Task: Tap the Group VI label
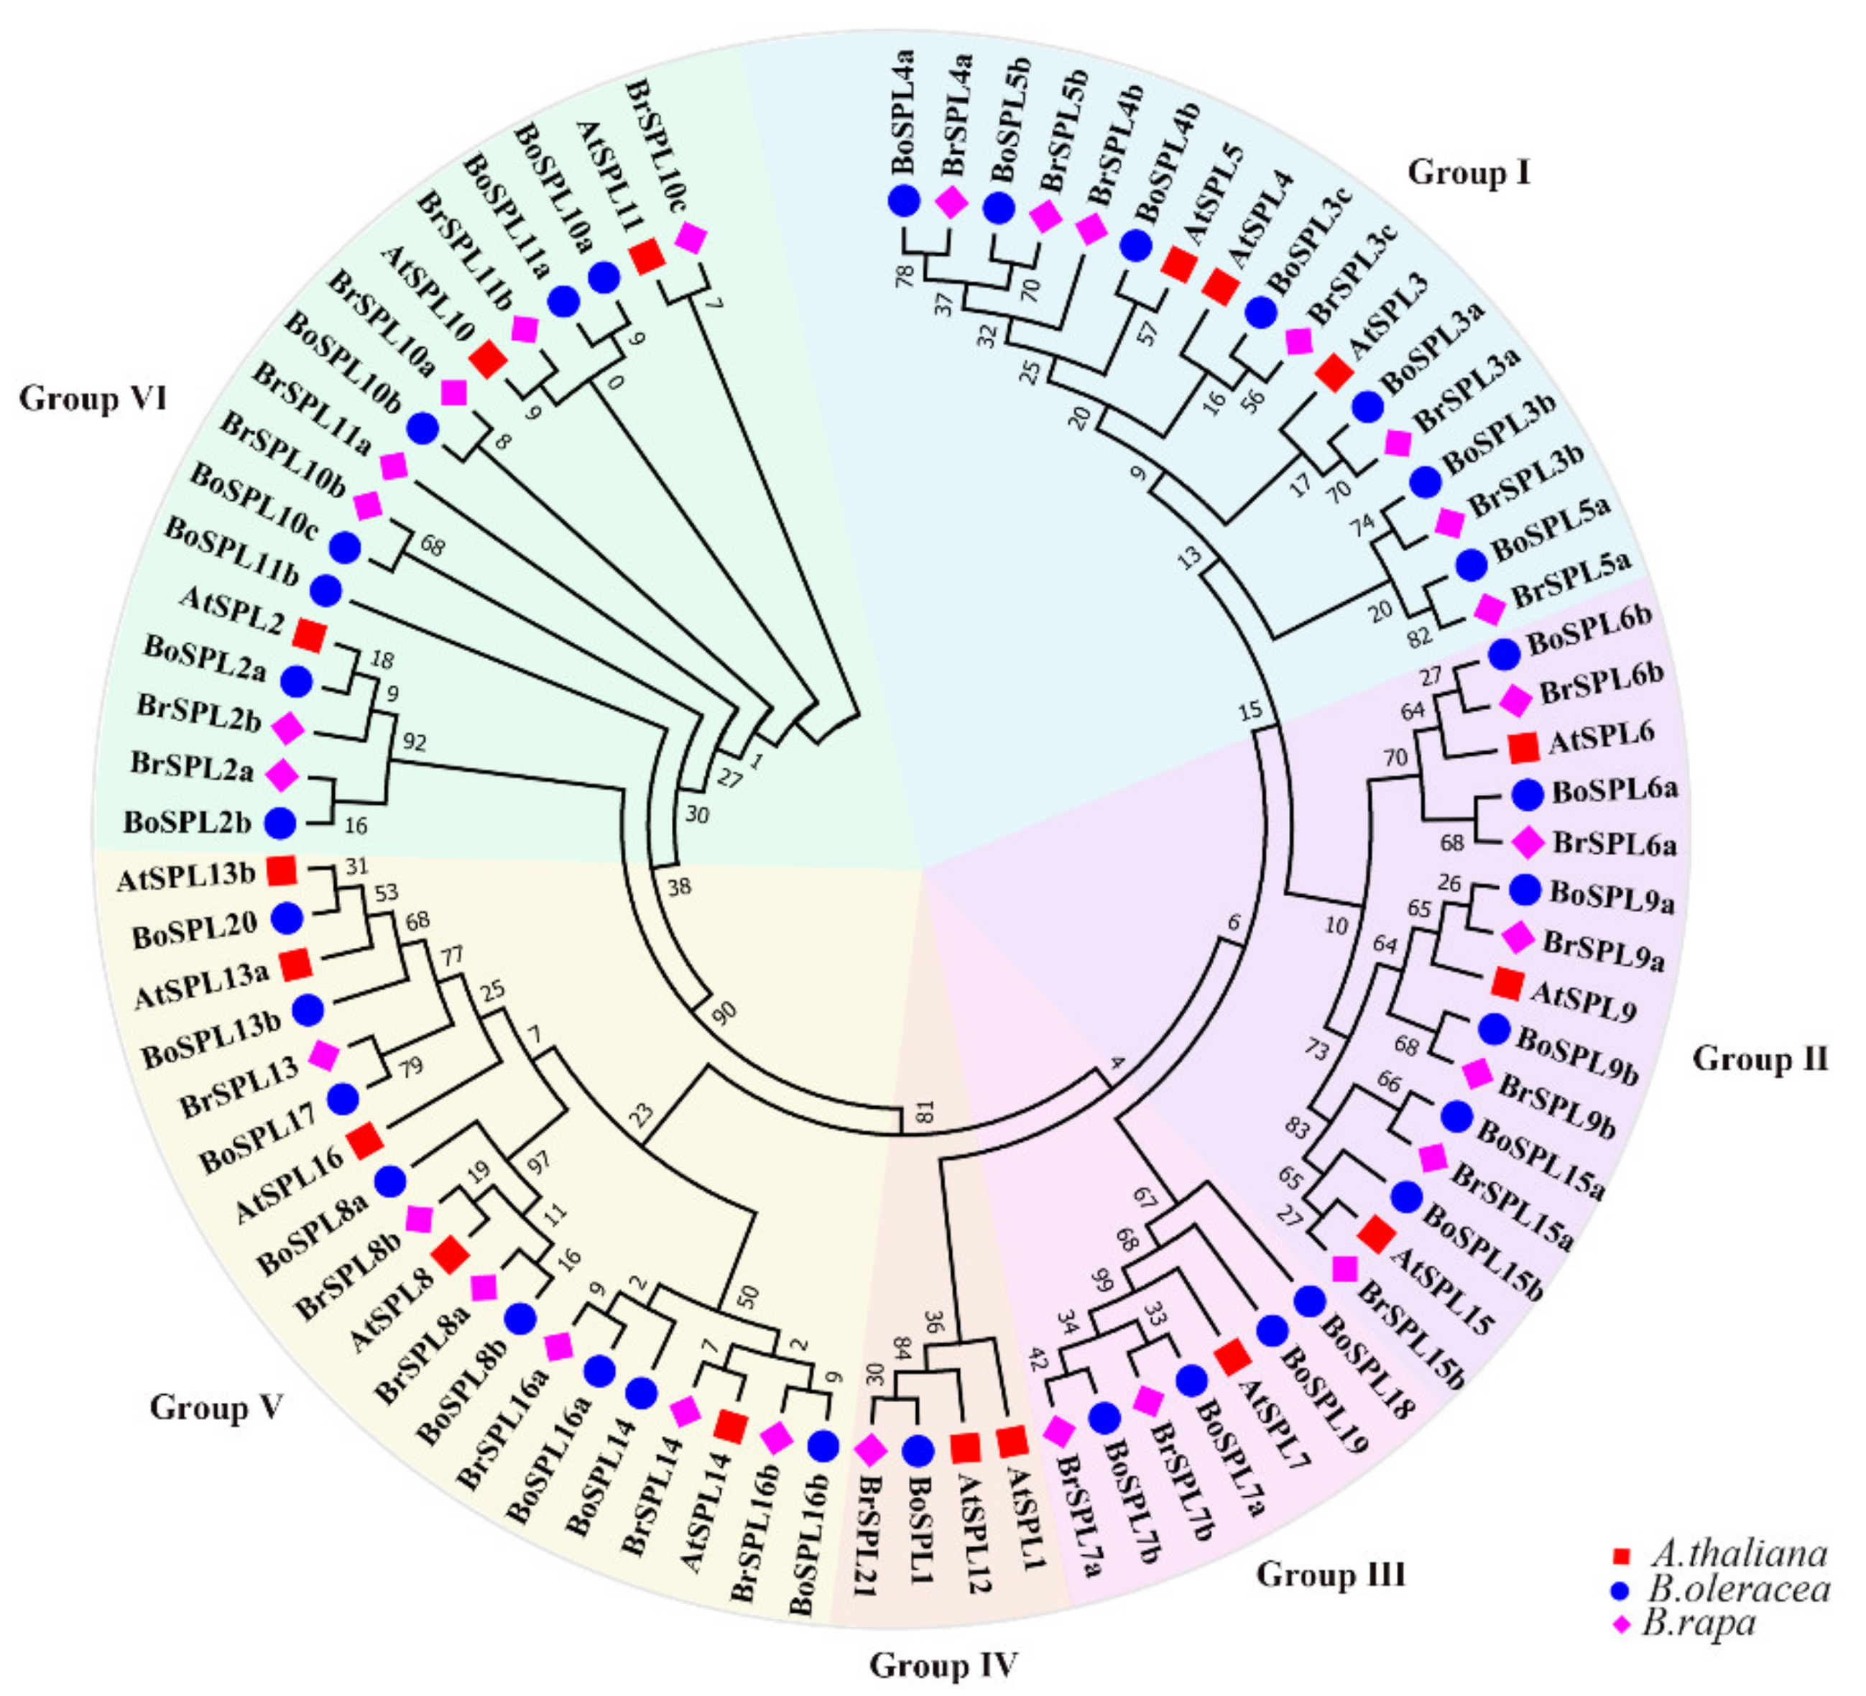pyautogui.click(x=93, y=399)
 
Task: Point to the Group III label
pyautogui.click(x=1330, y=1575)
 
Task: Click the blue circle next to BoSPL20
pyautogui.click(x=286, y=918)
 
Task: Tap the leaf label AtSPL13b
pyautogui.click(x=186, y=876)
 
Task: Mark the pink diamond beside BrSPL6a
pyautogui.click(x=1528, y=842)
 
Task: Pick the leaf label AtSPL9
pyautogui.click(x=1584, y=1001)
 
